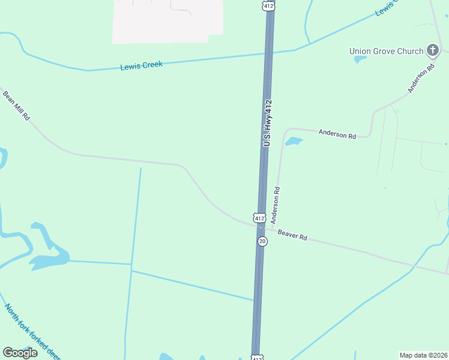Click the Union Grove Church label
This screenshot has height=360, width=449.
[x=386, y=51]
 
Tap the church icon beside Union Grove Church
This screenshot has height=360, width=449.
[x=432, y=50]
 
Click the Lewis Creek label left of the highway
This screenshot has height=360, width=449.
[x=142, y=65]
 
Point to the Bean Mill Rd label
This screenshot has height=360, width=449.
[x=16, y=106]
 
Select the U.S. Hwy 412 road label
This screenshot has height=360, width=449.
[x=268, y=123]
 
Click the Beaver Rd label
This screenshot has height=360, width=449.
[x=292, y=235]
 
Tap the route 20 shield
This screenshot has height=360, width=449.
[x=262, y=241]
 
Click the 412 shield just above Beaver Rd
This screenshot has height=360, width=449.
[x=259, y=217]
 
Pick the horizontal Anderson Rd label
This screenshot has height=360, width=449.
[x=337, y=134]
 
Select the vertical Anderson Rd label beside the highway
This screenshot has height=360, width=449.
[x=276, y=205]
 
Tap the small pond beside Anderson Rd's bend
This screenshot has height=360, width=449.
[x=293, y=142]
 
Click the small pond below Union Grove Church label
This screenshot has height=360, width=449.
[x=360, y=59]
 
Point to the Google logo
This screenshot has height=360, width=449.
[x=20, y=352]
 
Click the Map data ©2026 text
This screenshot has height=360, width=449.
[x=423, y=355]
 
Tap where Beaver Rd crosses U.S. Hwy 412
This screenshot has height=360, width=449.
[x=260, y=227]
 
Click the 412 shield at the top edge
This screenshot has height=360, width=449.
[x=268, y=5]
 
